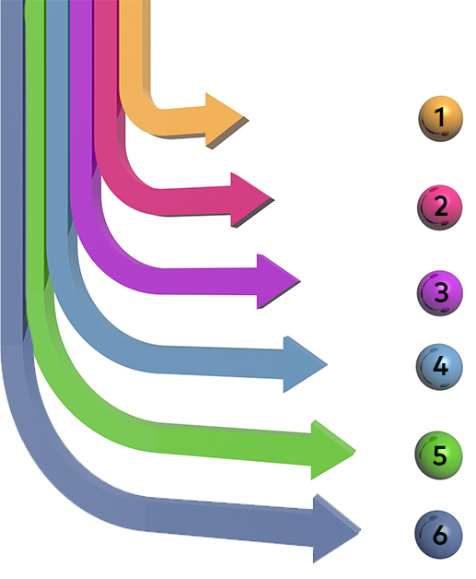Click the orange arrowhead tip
point(249,120)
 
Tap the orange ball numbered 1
point(440,119)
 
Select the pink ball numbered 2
point(439,207)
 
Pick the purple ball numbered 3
point(439,293)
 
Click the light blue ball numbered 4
point(439,367)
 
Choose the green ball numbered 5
point(438,455)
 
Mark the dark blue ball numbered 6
point(438,535)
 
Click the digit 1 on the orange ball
point(439,117)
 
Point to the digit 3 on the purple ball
point(441,292)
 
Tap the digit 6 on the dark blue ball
point(439,535)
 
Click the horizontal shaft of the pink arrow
point(195,202)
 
